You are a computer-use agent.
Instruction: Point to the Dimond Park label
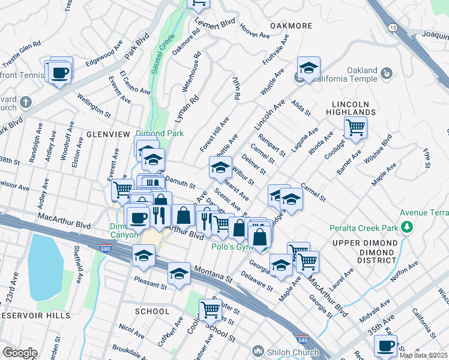pyautogui.click(x=159, y=133)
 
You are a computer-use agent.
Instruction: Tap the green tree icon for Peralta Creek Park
pyautogui.click(x=408, y=226)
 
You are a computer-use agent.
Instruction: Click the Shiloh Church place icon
pyautogui.click(x=258, y=350)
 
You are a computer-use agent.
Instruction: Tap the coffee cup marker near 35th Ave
pyautogui.click(x=385, y=346)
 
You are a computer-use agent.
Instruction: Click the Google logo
pyautogui.click(x=20, y=353)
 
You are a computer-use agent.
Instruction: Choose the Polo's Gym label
pyautogui.click(x=231, y=246)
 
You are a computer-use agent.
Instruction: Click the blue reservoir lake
pyautogui.click(x=46, y=267)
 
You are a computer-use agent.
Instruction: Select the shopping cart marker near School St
pyautogui.click(x=211, y=310)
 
